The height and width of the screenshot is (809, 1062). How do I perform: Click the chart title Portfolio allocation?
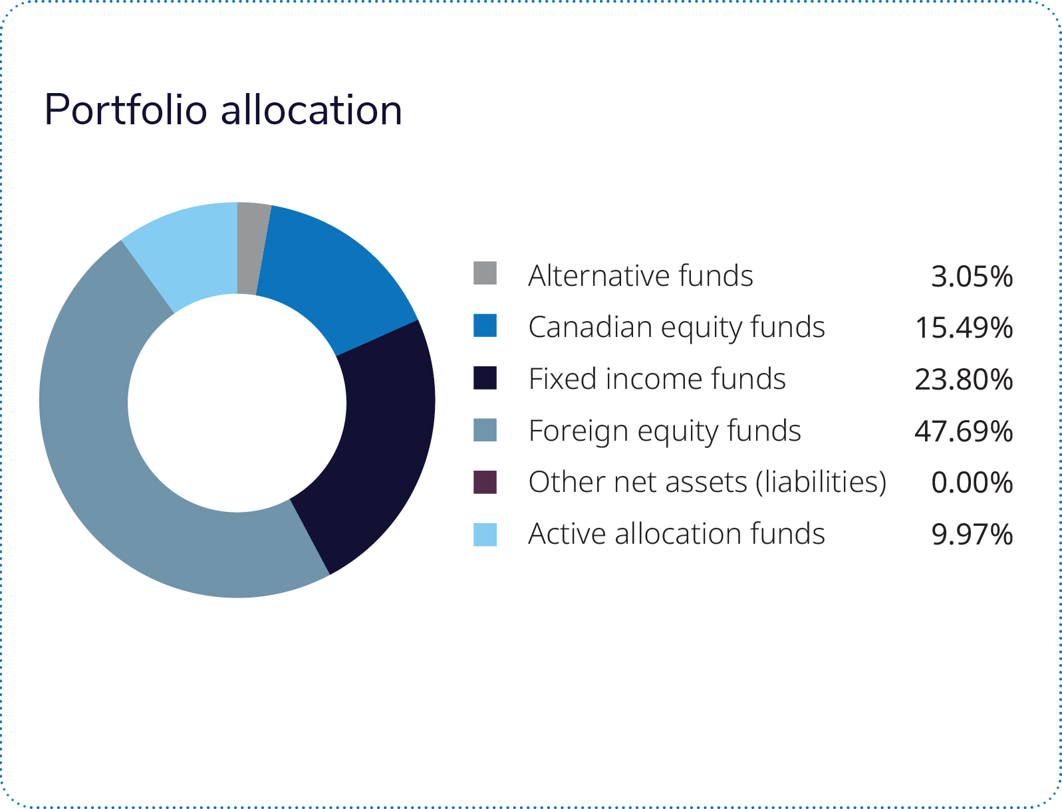point(223,110)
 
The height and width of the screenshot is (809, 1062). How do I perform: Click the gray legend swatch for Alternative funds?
point(485,273)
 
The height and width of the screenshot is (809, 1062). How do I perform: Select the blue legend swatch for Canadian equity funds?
point(485,326)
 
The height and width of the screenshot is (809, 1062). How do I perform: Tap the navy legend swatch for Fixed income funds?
point(485,378)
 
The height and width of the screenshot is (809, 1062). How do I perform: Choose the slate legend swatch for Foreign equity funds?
point(485,430)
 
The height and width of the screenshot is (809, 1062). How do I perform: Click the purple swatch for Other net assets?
point(485,482)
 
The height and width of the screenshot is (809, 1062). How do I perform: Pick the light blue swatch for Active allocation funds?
point(485,534)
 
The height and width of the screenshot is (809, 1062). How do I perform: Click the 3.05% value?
point(972,277)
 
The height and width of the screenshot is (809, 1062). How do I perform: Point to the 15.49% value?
point(964,328)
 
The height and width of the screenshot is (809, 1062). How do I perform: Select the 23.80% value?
point(964,380)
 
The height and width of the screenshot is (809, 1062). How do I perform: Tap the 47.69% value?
point(964,431)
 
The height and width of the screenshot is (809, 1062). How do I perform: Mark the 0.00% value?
point(972,483)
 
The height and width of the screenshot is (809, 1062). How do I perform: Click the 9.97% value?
point(972,534)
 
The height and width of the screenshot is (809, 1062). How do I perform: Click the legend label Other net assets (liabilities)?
point(708,483)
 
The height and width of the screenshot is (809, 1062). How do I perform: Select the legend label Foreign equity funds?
point(665,431)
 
